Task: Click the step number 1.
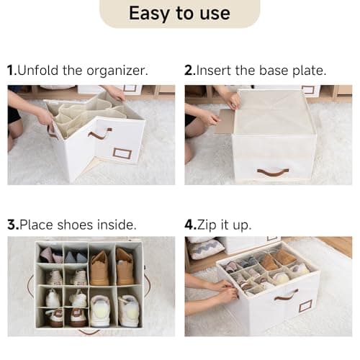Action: pos(11,71)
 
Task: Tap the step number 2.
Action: pos(189,71)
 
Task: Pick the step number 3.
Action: pos(12,225)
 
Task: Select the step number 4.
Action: pos(189,225)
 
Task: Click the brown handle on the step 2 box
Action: pos(273,172)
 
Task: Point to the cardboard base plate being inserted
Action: pos(225,120)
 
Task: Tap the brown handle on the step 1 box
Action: pos(99,133)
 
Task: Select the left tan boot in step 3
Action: pos(99,268)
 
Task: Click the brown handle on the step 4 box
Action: pos(285,295)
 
